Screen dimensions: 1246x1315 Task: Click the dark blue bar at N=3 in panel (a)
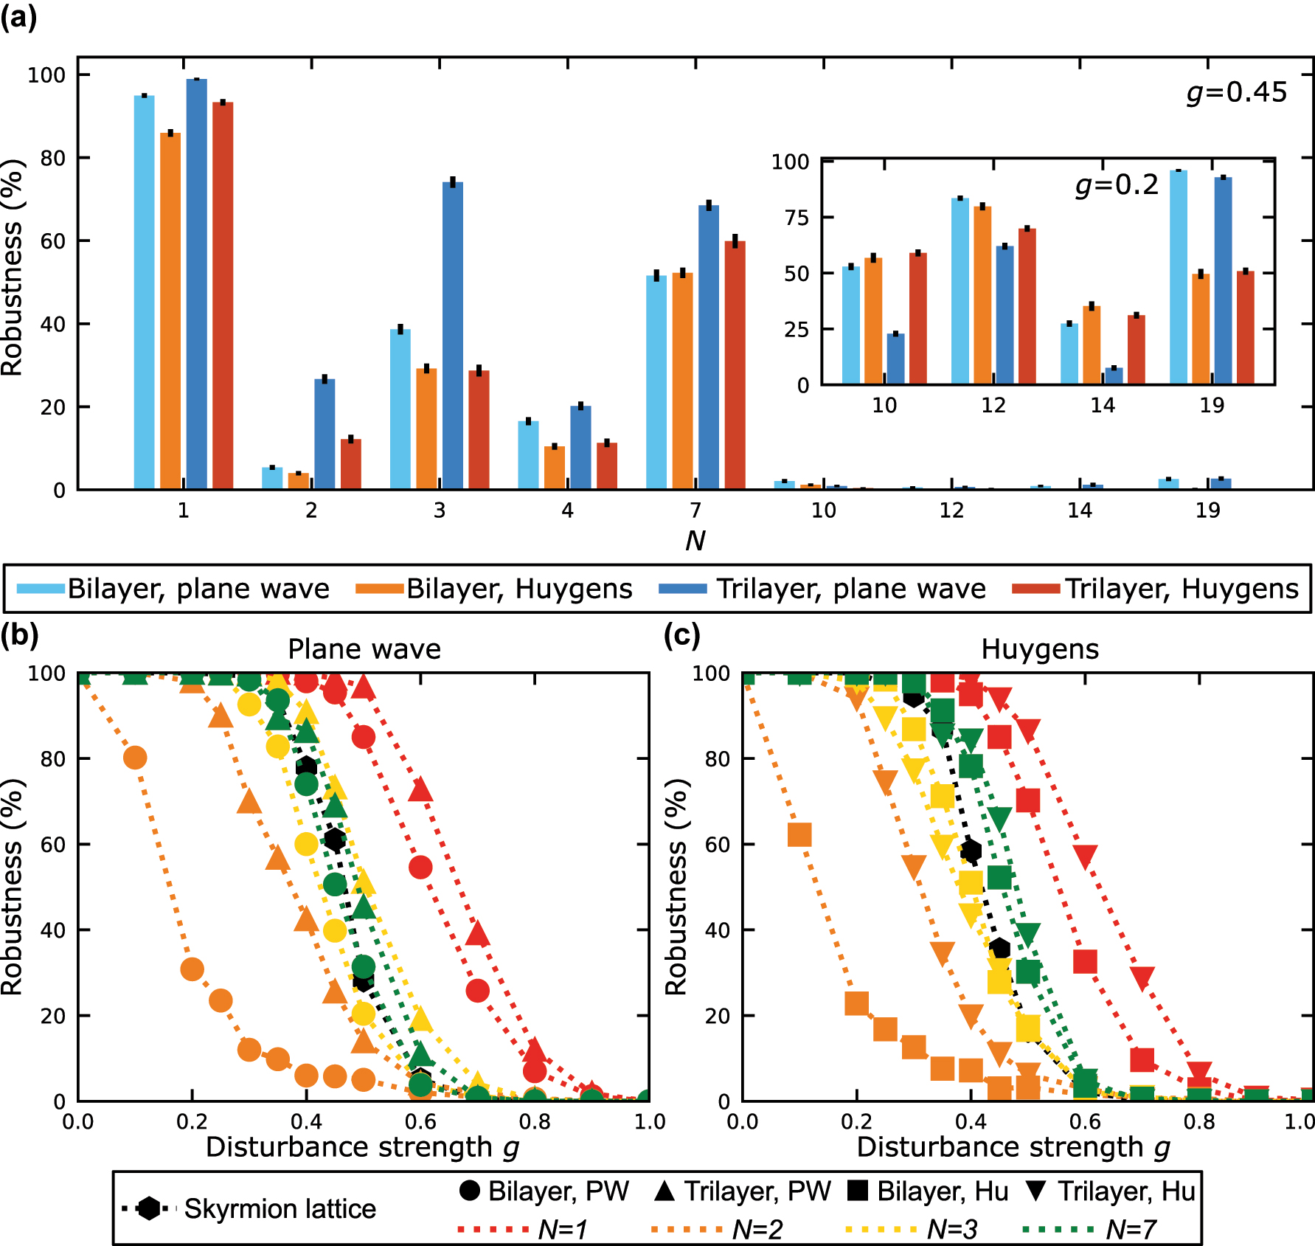coord(453,336)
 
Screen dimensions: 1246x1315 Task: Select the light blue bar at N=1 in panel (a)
coord(145,292)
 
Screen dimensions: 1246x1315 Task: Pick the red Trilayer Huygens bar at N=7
coord(735,365)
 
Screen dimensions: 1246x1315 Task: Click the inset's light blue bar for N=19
coord(1178,277)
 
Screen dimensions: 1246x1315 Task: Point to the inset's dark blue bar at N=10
coord(896,359)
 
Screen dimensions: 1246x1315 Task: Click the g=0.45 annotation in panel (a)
coord(1237,92)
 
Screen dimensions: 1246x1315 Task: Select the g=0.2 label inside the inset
coord(1117,184)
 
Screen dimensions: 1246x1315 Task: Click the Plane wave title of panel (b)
coord(364,649)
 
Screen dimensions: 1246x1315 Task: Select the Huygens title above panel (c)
coord(1040,649)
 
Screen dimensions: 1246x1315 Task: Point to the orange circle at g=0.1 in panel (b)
coord(135,758)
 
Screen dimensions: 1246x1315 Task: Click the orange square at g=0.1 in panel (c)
coord(799,835)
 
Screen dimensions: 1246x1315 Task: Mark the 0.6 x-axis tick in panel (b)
coord(420,1122)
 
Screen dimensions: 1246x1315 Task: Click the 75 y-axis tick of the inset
coord(797,218)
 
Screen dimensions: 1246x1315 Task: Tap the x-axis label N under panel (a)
coord(695,541)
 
